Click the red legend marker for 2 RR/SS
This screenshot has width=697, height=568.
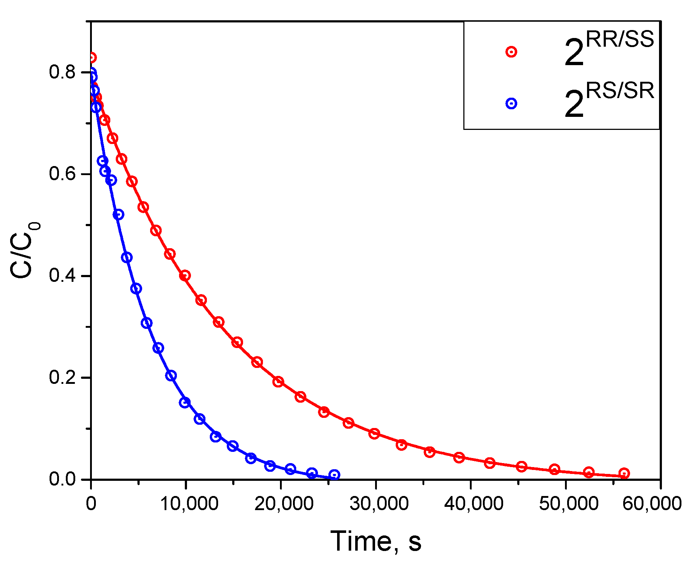point(511,52)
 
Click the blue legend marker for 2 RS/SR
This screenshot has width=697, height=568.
point(511,104)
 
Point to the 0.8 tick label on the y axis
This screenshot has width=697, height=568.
point(62,72)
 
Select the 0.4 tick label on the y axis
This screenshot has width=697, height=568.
point(62,276)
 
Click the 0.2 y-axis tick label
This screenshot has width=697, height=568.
point(62,377)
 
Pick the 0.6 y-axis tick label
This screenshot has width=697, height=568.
point(62,174)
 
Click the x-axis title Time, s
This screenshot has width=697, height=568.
point(376,541)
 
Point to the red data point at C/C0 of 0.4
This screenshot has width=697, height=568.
point(185,276)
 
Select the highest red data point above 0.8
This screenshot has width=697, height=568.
point(92,58)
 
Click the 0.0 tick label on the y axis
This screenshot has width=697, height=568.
point(62,479)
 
